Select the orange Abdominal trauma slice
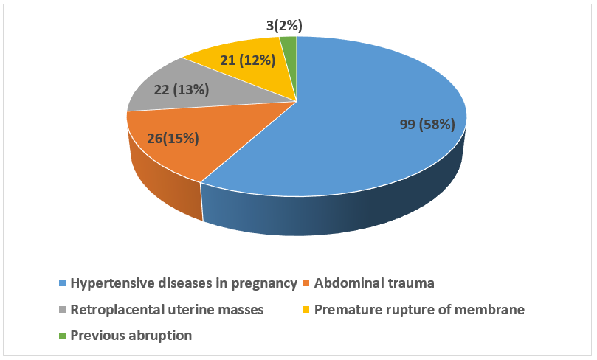click(168, 152)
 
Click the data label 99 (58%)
click(427, 125)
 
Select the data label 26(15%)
click(173, 138)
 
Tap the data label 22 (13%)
click(182, 90)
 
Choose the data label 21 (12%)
click(247, 60)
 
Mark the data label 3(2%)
click(284, 26)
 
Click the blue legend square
click(63, 283)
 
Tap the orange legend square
click(306, 283)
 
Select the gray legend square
click(63, 309)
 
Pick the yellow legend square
click(306, 309)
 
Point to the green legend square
click(63, 336)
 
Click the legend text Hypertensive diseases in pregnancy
click(184, 283)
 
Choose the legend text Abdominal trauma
click(374, 283)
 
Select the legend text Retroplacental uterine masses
click(167, 310)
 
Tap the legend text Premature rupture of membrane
click(420, 310)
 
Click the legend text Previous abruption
click(131, 336)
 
